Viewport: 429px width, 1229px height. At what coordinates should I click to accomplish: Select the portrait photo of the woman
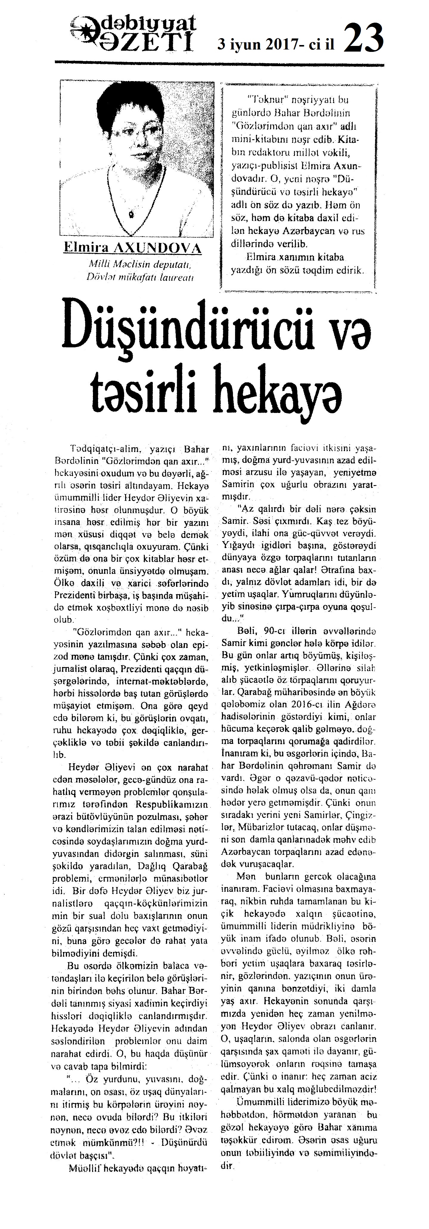click(x=136, y=157)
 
